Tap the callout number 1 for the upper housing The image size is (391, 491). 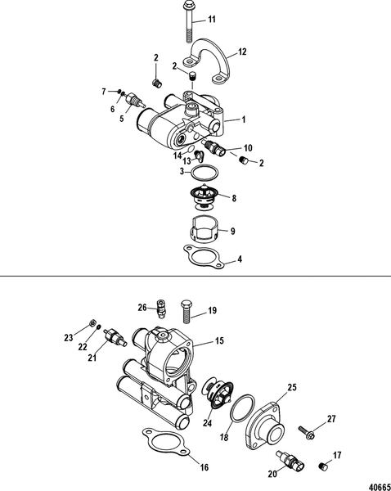(242, 120)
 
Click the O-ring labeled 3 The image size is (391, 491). (202, 173)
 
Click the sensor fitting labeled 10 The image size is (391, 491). (216, 150)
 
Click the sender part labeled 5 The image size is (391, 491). (133, 105)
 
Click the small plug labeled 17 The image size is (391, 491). (321, 466)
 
